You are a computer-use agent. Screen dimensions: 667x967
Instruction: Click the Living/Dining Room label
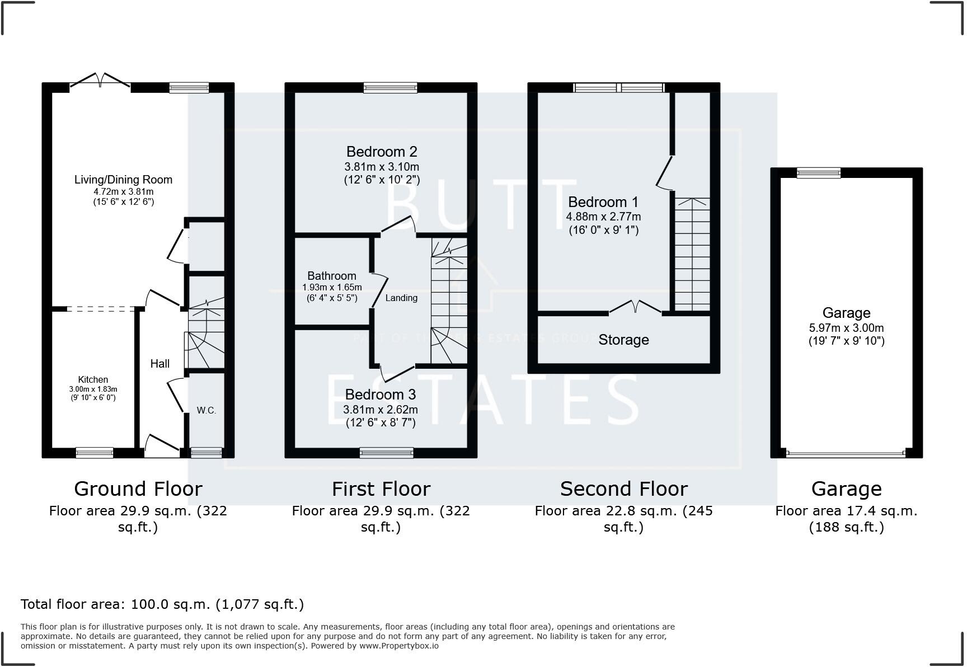123,180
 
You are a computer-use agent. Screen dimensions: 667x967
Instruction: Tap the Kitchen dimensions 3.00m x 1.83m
93,389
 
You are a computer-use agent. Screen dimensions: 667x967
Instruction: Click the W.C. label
206,410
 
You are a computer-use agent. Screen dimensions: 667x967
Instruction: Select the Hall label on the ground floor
159,364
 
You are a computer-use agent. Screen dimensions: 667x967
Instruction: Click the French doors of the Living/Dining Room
100,82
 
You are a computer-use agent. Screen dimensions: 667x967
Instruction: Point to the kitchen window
95,453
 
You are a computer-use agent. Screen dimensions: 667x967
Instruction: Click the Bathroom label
331,276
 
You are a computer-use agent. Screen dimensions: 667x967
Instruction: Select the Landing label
401,298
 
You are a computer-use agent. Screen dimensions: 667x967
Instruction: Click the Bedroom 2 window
390,87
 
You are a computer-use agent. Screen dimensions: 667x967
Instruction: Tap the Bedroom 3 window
386,453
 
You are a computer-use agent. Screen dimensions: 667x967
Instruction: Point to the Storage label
623,340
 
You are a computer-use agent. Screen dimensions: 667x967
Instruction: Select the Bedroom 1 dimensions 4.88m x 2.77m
603,217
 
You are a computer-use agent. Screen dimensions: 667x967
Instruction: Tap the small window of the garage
818,172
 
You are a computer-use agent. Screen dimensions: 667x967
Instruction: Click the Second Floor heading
623,489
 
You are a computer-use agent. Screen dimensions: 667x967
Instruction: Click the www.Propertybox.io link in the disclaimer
398,646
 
